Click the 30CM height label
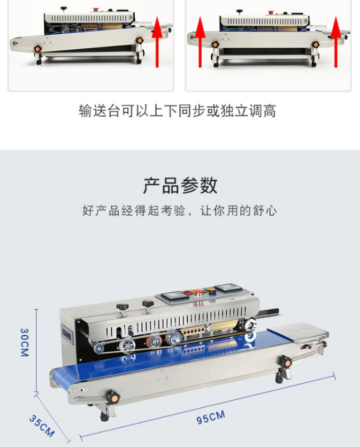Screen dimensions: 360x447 25,342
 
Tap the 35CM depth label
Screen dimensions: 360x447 42,426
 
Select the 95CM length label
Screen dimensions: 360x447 211,417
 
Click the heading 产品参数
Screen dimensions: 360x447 180,185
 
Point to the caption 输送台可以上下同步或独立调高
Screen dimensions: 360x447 178,111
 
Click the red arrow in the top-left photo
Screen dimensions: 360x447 157,42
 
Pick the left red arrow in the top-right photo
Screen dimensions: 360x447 200,42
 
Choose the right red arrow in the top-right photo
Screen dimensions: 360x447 336,42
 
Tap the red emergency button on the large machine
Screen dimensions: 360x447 197,292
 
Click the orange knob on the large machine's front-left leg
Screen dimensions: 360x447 113,397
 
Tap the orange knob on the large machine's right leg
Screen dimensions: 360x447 286,362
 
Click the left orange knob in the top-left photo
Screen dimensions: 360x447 37,49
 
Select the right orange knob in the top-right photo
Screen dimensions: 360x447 315,44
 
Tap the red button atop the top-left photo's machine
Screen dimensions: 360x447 96,10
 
